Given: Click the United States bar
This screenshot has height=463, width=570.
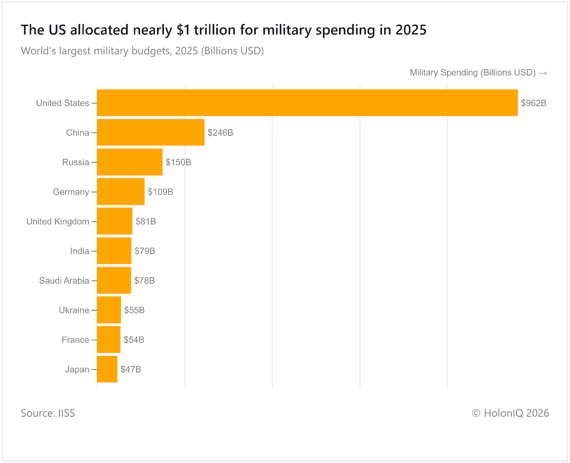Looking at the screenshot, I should [x=307, y=103].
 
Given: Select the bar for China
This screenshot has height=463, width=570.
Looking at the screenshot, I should [x=151, y=132].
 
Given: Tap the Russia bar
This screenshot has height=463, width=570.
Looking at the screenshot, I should [x=130, y=162].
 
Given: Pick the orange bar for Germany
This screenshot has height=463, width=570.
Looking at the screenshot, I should [x=121, y=192].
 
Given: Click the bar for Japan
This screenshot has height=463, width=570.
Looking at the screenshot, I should [x=107, y=369].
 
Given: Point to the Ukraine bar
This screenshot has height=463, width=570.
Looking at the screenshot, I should [x=109, y=310].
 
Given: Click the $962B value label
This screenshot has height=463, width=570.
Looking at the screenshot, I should [x=533, y=103].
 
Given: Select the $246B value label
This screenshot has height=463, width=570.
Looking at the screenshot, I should [x=220, y=133].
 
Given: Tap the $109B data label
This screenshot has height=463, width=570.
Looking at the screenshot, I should [x=160, y=192].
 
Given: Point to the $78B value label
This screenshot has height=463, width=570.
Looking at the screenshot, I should [x=144, y=281].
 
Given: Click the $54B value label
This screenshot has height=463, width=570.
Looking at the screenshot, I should [x=134, y=340].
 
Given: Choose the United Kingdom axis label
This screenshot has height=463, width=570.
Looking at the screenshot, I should [x=58, y=222].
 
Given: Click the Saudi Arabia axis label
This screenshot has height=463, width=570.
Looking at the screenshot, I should [x=64, y=281].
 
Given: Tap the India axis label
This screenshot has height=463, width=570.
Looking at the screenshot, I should [x=79, y=251].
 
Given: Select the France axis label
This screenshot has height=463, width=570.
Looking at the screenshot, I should [x=75, y=340].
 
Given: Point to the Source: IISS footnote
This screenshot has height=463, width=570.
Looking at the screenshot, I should [x=48, y=413].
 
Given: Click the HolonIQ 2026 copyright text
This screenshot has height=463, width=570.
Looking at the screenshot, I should [x=510, y=413].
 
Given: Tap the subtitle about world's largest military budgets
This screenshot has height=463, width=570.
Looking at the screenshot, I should [x=142, y=51].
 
